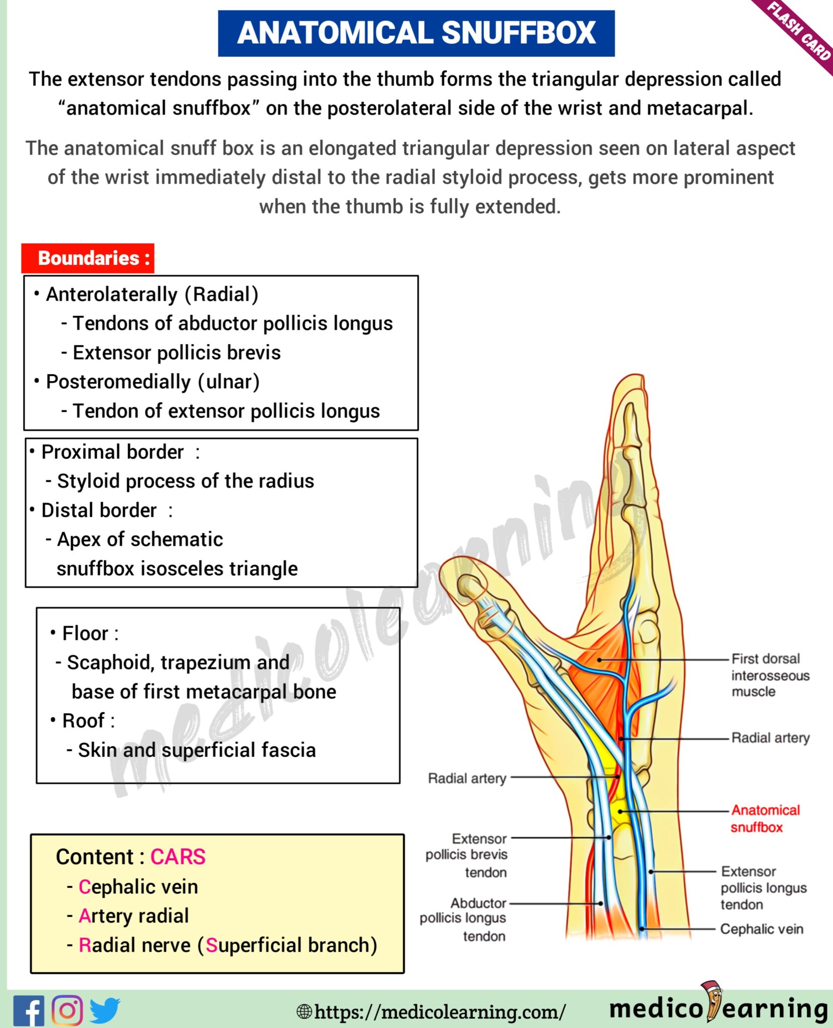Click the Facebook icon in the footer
(x=29, y=1010)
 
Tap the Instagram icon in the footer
(x=67, y=1010)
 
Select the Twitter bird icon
(x=105, y=1010)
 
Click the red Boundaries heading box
(x=88, y=259)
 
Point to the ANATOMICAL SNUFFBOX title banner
(x=416, y=33)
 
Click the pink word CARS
(x=178, y=857)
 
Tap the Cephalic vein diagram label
(x=761, y=929)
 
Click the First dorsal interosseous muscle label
(x=769, y=675)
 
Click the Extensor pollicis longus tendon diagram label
(x=763, y=888)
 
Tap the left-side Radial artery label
(x=467, y=779)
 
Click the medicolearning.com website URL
(x=440, y=1011)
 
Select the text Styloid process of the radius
(x=185, y=481)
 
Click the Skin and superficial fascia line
(x=197, y=750)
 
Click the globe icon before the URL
(x=304, y=1011)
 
